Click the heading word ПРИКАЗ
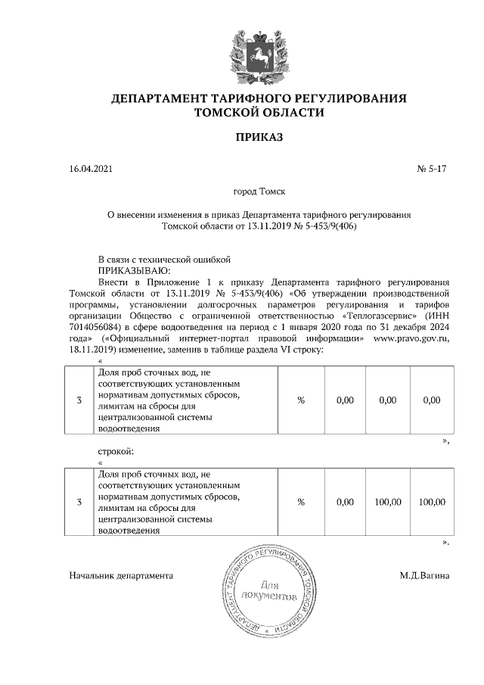pyautogui.click(x=259, y=138)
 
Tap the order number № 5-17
pyautogui.click(x=433, y=171)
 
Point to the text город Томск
pyautogui.click(x=259, y=193)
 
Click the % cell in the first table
pyautogui.click(x=300, y=400)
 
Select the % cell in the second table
pyautogui.click(x=300, y=502)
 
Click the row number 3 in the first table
pyautogui.click(x=79, y=400)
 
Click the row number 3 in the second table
pyautogui.click(x=79, y=502)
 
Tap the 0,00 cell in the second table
pyautogui.click(x=344, y=502)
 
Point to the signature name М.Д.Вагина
pyautogui.click(x=424, y=576)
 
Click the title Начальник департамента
pyautogui.click(x=121, y=576)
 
